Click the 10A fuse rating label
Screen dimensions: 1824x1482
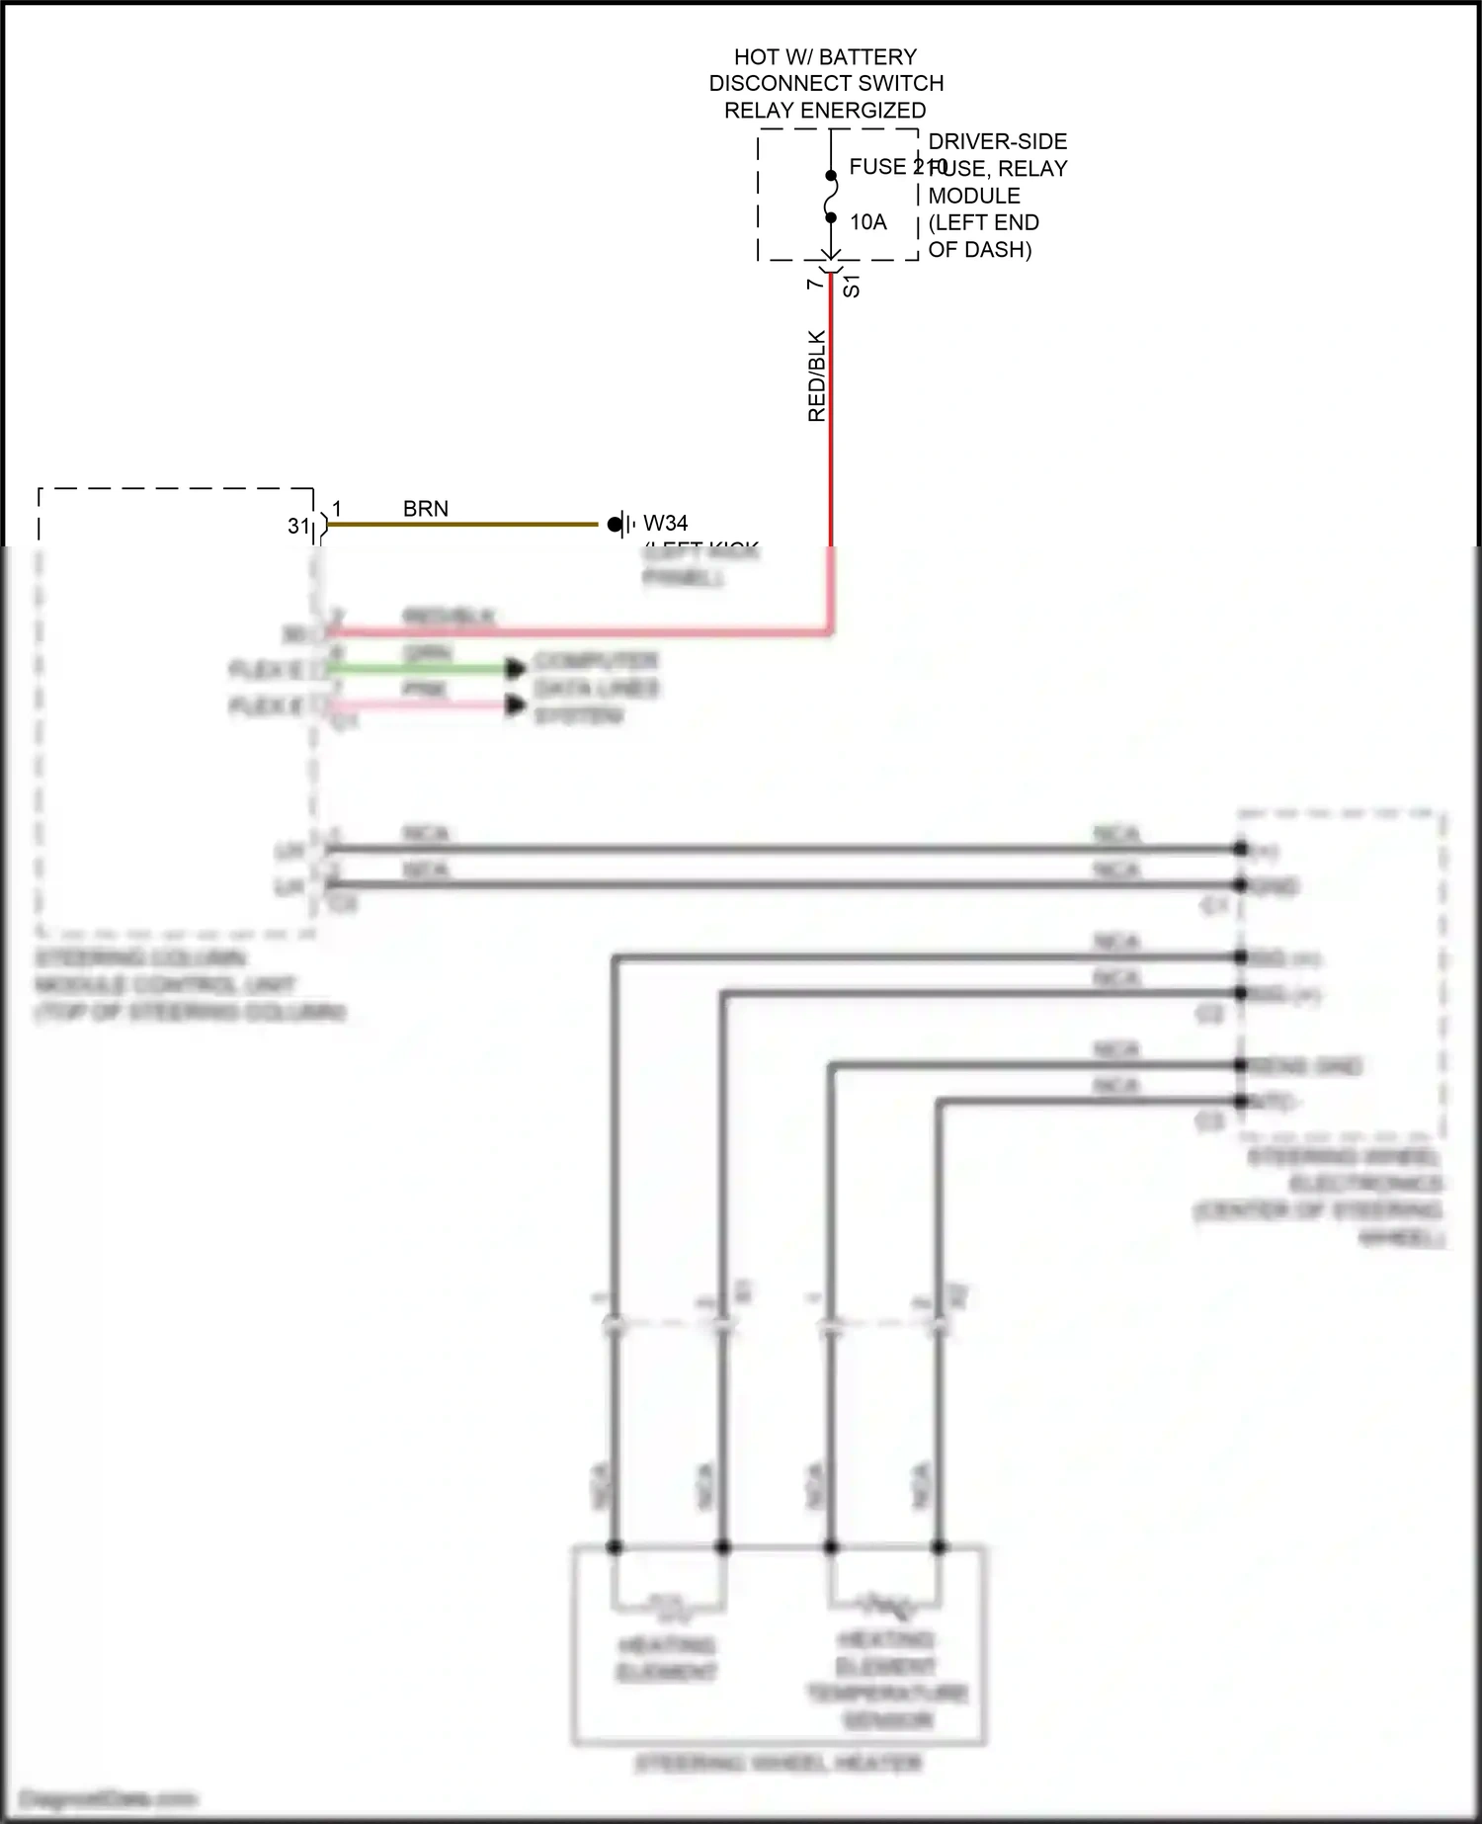(868, 222)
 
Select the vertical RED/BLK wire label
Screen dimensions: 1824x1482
(817, 376)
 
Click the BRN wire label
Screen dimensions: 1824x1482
(426, 509)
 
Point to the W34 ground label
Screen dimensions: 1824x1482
(666, 523)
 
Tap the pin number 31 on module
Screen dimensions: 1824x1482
(298, 527)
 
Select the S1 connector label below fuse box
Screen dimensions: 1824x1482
(852, 288)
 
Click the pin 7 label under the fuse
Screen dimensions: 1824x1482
(814, 284)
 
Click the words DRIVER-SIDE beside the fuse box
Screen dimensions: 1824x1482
(997, 141)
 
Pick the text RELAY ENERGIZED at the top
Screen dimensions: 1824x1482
(825, 111)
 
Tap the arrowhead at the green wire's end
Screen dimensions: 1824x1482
(516, 669)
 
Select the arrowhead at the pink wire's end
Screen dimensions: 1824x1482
(516, 705)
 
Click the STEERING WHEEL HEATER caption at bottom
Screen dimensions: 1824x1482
(778, 1764)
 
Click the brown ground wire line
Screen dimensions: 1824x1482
(464, 525)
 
